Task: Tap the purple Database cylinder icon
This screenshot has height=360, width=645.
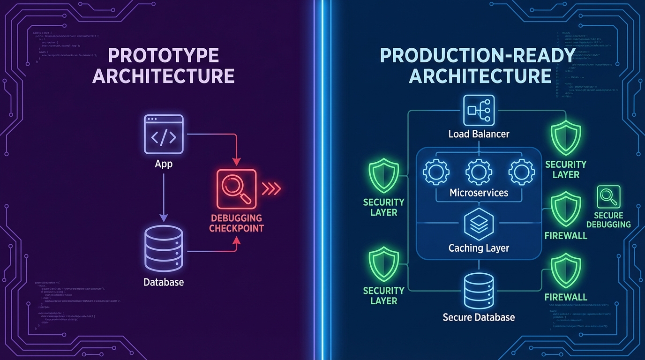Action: [164, 248]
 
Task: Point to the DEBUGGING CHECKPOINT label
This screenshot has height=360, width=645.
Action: [236, 224]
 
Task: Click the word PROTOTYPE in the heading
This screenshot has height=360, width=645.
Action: [164, 56]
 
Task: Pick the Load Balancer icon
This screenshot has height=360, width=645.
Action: [478, 111]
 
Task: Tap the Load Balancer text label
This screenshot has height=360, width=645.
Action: [479, 135]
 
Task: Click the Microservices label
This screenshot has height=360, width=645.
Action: [479, 193]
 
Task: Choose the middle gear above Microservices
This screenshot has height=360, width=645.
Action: [479, 172]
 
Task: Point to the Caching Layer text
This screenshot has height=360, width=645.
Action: [479, 248]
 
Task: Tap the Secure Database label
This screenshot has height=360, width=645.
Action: [479, 317]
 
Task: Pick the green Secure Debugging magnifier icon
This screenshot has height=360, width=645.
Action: [608, 197]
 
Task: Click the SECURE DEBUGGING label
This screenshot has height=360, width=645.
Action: [608, 220]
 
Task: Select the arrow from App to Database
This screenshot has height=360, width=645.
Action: [164, 197]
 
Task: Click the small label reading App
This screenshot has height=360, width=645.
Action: [164, 164]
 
